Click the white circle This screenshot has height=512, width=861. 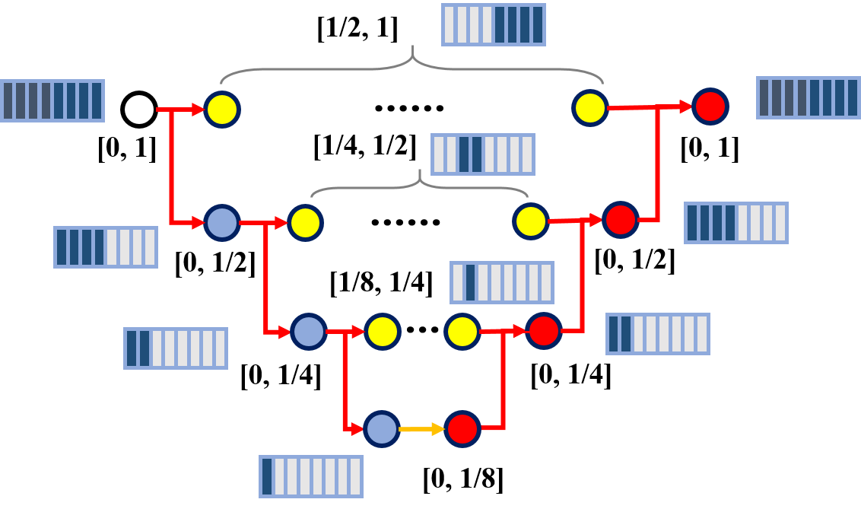pyautogui.click(x=139, y=110)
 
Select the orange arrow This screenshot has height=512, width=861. pyautogui.click(x=421, y=429)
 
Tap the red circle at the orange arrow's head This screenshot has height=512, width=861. pyautogui.click(x=462, y=429)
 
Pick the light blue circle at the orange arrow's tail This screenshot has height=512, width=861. pyautogui.click(x=382, y=429)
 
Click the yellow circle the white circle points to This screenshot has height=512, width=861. pyautogui.click(x=222, y=110)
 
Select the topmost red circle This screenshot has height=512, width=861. pyautogui.click(x=710, y=107)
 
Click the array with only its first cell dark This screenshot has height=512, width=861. pyautogui.click(x=311, y=476)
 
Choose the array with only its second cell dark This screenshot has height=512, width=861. pyautogui.click(x=502, y=282)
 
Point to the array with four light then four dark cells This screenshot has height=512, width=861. pyautogui.click(x=494, y=25)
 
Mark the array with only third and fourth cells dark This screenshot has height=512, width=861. pyautogui.click(x=483, y=154)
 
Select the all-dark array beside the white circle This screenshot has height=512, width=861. pyautogui.click(x=52, y=100)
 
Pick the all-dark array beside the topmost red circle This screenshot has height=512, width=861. pyautogui.click(x=808, y=97)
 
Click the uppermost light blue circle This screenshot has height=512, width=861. pyautogui.click(x=222, y=223)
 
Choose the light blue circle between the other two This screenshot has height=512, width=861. pyautogui.click(x=309, y=332)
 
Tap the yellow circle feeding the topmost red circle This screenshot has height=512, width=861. pyautogui.click(x=590, y=108)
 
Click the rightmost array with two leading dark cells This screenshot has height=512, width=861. pyautogui.click(x=658, y=334)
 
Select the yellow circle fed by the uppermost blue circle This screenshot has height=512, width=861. pyautogui.click(x=305, y=223)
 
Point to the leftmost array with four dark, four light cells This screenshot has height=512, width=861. pyautogui.click(x=106, y=247)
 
